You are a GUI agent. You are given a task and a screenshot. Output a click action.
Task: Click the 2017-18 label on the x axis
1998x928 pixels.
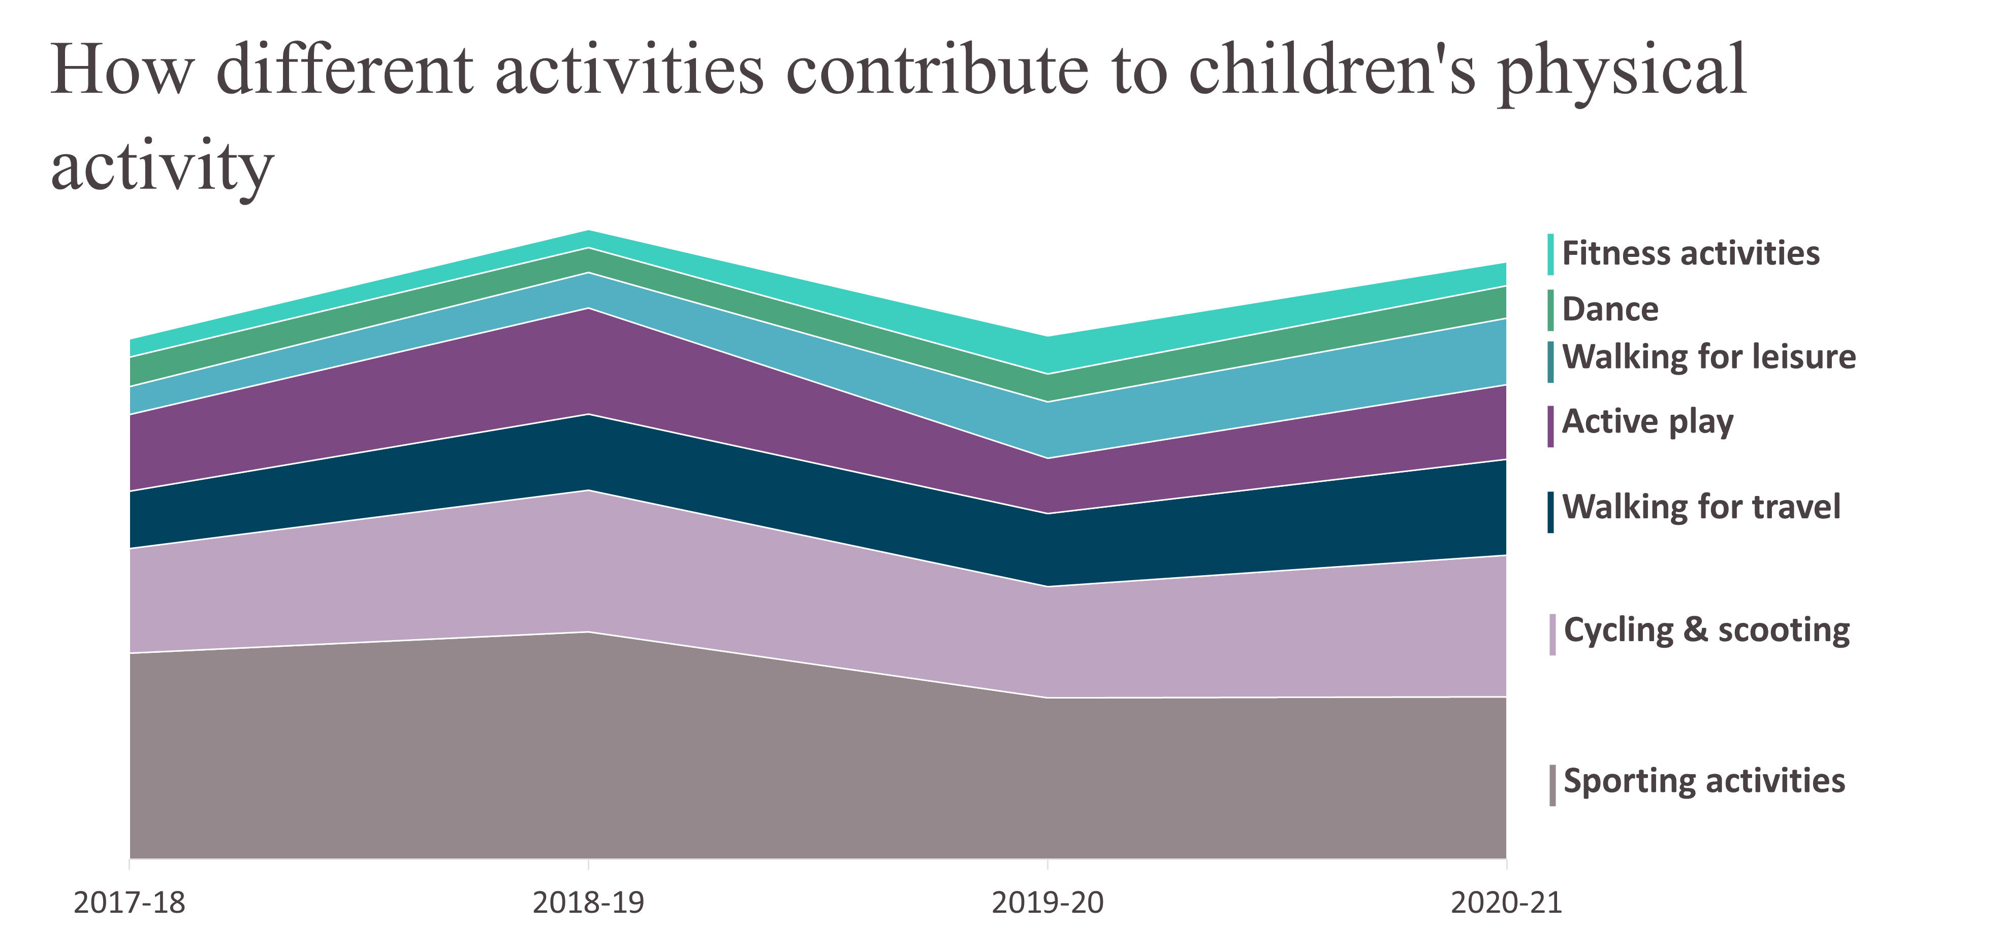point(130,903)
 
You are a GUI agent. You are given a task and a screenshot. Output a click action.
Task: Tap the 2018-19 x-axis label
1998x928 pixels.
point(589,903)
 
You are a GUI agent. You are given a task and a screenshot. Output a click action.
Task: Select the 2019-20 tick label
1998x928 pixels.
point(1048,903)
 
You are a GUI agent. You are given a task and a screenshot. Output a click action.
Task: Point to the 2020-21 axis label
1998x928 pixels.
point(1506,903)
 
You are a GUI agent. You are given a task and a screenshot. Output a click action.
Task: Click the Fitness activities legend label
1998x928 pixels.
point(1691,253)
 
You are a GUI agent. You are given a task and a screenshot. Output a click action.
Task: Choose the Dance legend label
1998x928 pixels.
point(1610,309)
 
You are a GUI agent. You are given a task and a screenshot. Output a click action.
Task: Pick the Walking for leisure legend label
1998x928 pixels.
point(1709,357)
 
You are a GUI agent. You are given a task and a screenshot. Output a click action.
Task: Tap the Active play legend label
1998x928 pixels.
point(1647,422)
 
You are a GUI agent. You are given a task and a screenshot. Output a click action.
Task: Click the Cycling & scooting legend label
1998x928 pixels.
point(1707,631)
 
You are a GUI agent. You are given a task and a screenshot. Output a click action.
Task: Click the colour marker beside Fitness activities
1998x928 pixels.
point(1550,254)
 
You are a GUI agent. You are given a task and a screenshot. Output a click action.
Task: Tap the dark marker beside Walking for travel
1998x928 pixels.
point(1550,512)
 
